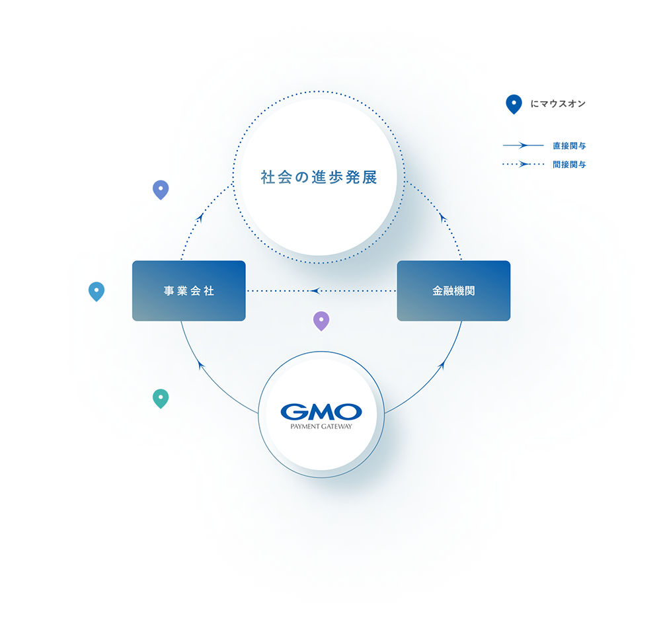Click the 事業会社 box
point(189,291)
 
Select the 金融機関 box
point(453,291)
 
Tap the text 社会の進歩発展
point(319,177)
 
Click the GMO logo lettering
point(321,412)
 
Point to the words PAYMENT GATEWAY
point(321,426)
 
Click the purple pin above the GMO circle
point(321,321)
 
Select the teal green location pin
point(161,399)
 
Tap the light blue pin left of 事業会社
point(97,292)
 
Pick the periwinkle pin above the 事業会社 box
point(161,190)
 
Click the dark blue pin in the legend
point(514,104)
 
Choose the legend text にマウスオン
point(558,104)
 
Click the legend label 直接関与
point(570,146)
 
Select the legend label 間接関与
point(570,165)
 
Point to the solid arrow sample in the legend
point(523,145)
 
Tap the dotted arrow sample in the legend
point(523,164)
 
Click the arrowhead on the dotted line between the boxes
point(315,291)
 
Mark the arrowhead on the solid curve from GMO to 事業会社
point(201,366)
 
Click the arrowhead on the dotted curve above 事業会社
point(200,217)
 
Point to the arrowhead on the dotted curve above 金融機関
point(442,217)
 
